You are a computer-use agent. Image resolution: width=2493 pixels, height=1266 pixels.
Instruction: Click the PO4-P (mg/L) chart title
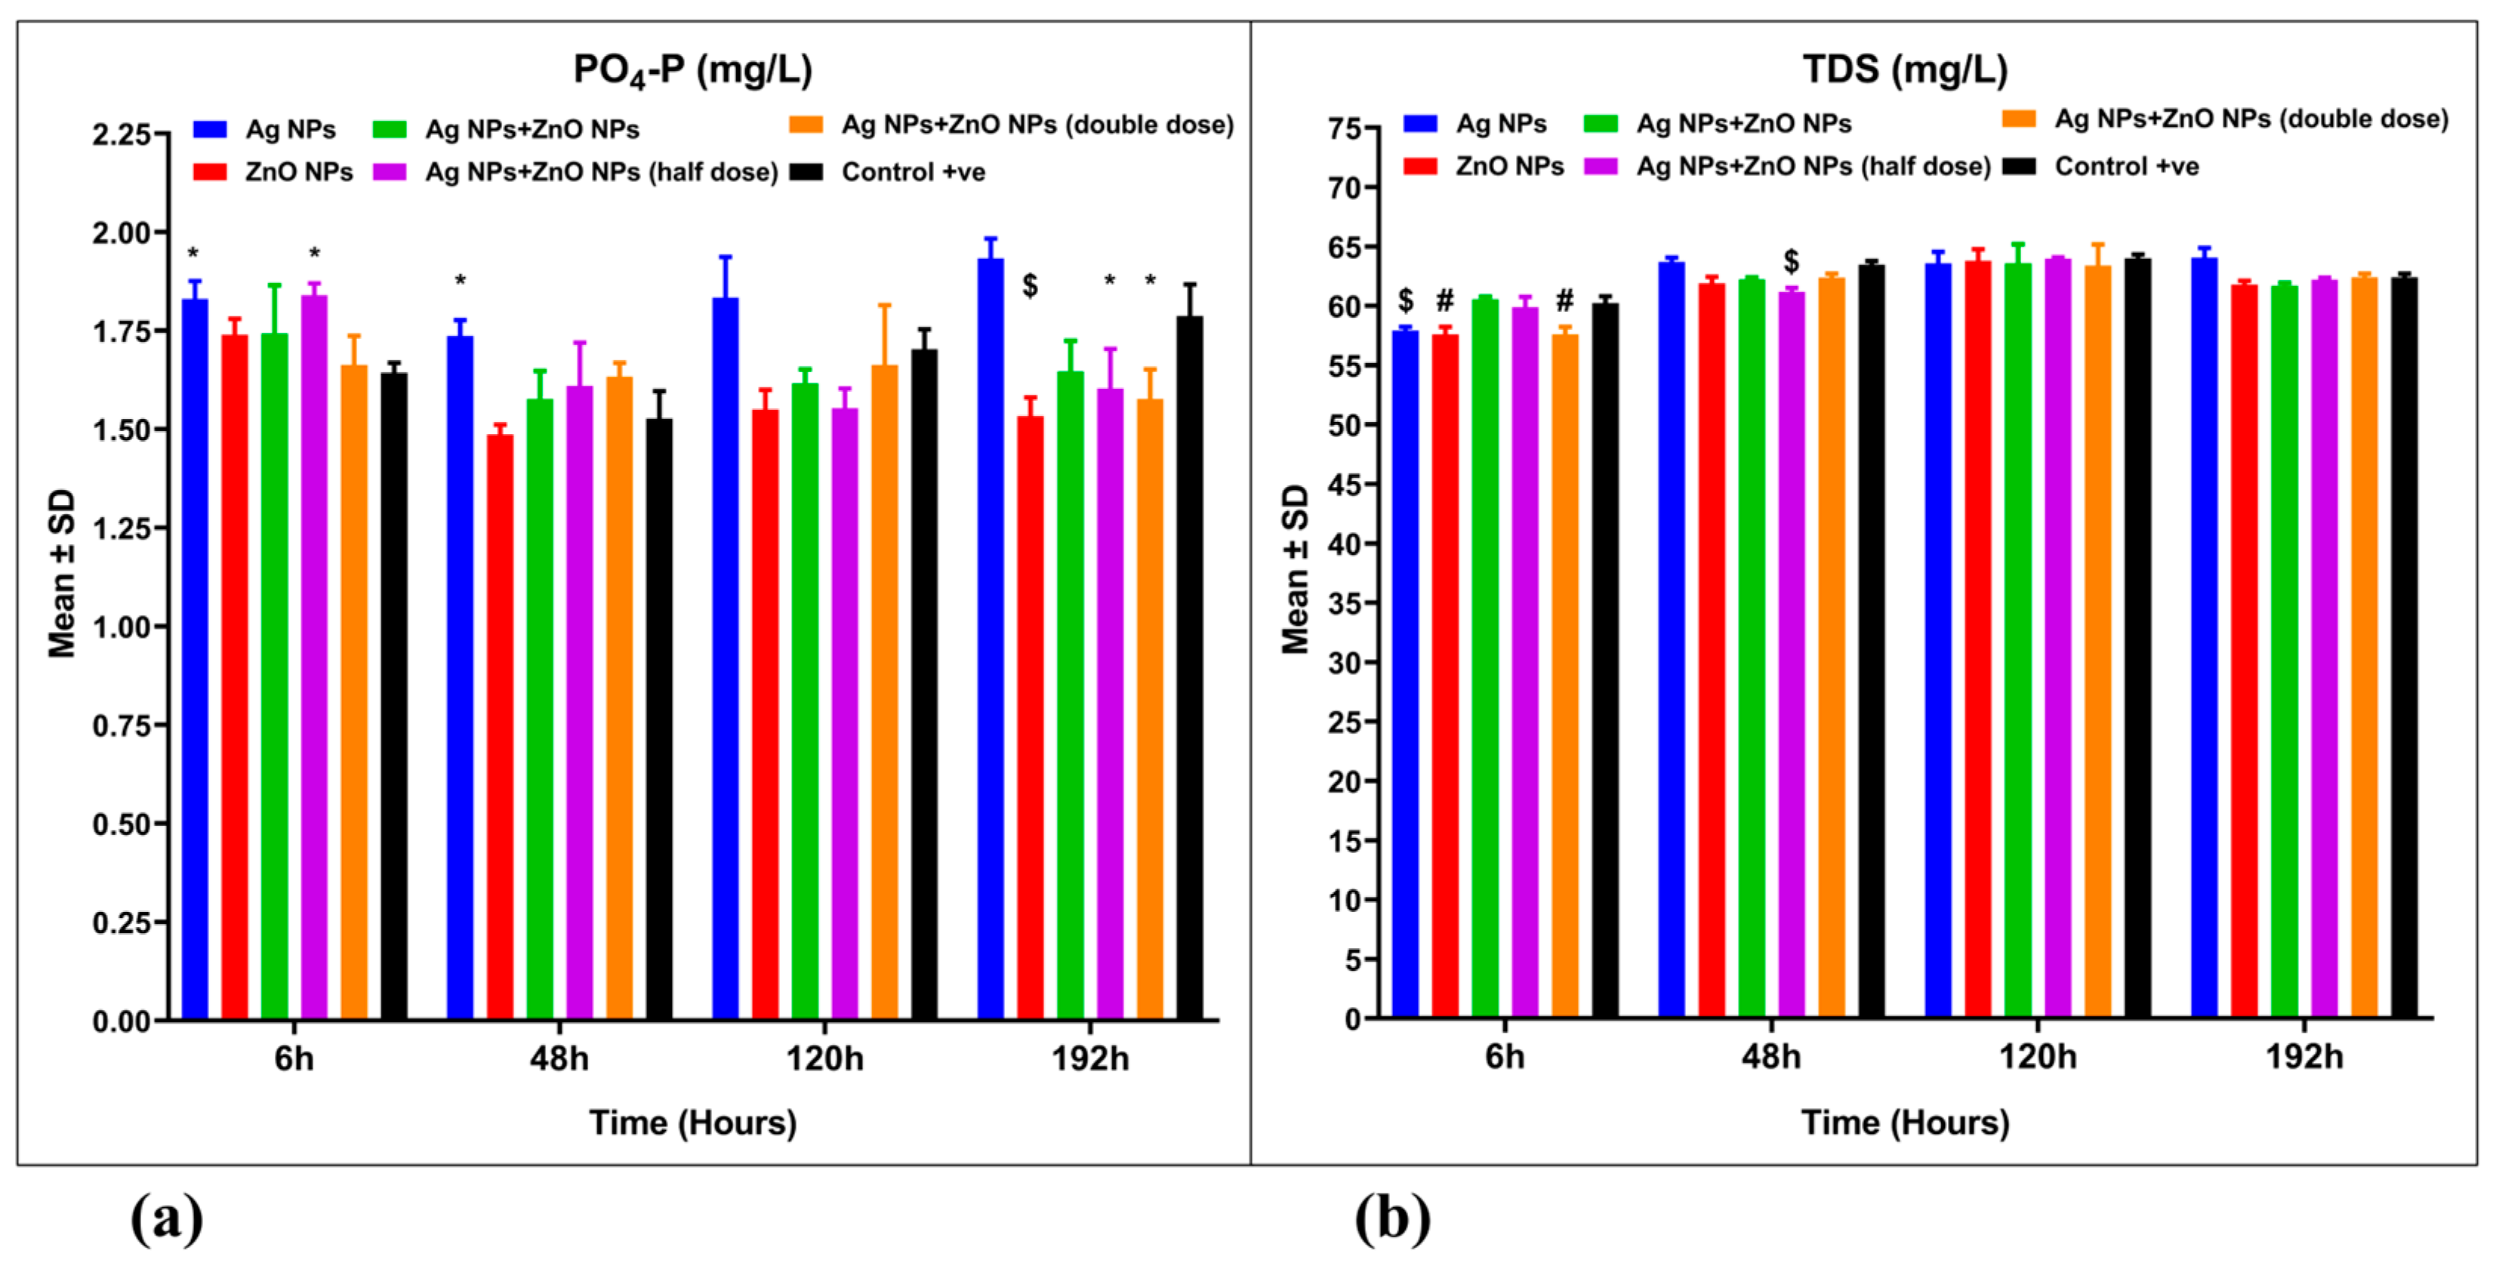pos(692,69)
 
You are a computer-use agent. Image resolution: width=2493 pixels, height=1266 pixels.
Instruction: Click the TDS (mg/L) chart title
pos(1905,69)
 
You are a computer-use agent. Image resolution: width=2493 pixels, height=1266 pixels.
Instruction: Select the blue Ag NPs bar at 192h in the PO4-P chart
pos(990,639)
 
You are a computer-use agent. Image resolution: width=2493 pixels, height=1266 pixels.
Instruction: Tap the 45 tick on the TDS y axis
pos(1346,484)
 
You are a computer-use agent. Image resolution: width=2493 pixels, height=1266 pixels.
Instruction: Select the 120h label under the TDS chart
pos(2037,1056)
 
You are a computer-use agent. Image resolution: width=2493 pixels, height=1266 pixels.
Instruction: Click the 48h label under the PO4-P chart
pos(559,1058)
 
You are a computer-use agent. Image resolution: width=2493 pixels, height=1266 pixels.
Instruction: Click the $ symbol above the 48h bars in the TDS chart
pos(1792,260)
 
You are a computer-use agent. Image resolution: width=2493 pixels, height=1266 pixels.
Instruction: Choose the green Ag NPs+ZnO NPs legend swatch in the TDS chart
pos(1601,124)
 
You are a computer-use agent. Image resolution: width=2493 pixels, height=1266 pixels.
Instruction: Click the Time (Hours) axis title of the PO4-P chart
pos(692,1123)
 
